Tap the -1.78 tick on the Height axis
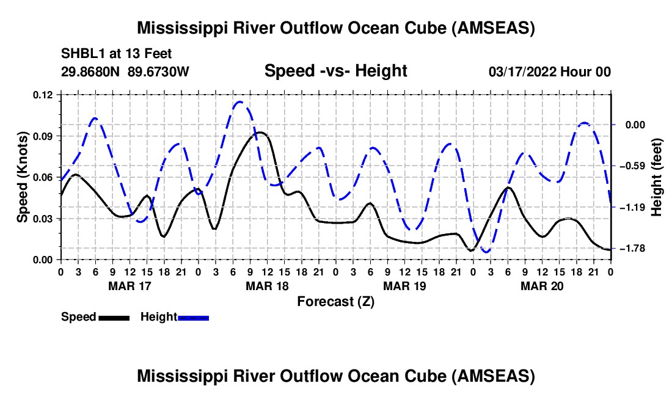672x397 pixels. (x=635, y=249)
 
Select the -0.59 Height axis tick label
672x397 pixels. (x=635, y=166)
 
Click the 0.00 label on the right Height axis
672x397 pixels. (x=635, y=125)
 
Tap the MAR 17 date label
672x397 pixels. (x=130, y=286)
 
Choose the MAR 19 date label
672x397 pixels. (x=404, y=286)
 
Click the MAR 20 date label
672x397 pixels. (x=542, y=286)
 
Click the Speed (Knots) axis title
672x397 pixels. (x=22, y=177)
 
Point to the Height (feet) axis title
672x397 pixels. (x=657, y=177)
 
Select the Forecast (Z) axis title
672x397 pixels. (x=335, y=302)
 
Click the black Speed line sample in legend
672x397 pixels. (x=114, y=318)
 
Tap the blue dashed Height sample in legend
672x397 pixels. (x=193, y=318)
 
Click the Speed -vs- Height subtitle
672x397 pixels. (x=335, y=71)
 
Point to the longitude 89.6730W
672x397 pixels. (x=158, y=71)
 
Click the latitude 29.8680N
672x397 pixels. (x=90, y=71)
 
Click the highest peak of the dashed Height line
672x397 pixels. (x=239, y=102)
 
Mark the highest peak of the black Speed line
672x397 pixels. (x=260, y=133)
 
